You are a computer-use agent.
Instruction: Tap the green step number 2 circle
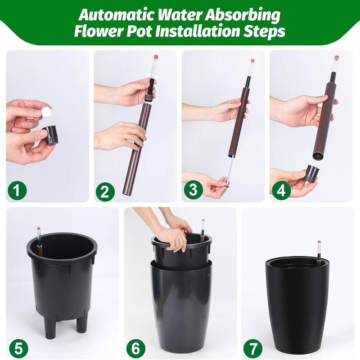pos(104,192)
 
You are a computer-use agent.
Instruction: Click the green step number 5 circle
pos(17,348)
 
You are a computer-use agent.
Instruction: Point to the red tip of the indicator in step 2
pos(156,57)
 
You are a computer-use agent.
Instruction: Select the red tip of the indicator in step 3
pos(252,61)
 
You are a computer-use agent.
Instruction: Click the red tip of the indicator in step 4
pos(336,58)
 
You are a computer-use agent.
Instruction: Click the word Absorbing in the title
pos(251,15)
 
